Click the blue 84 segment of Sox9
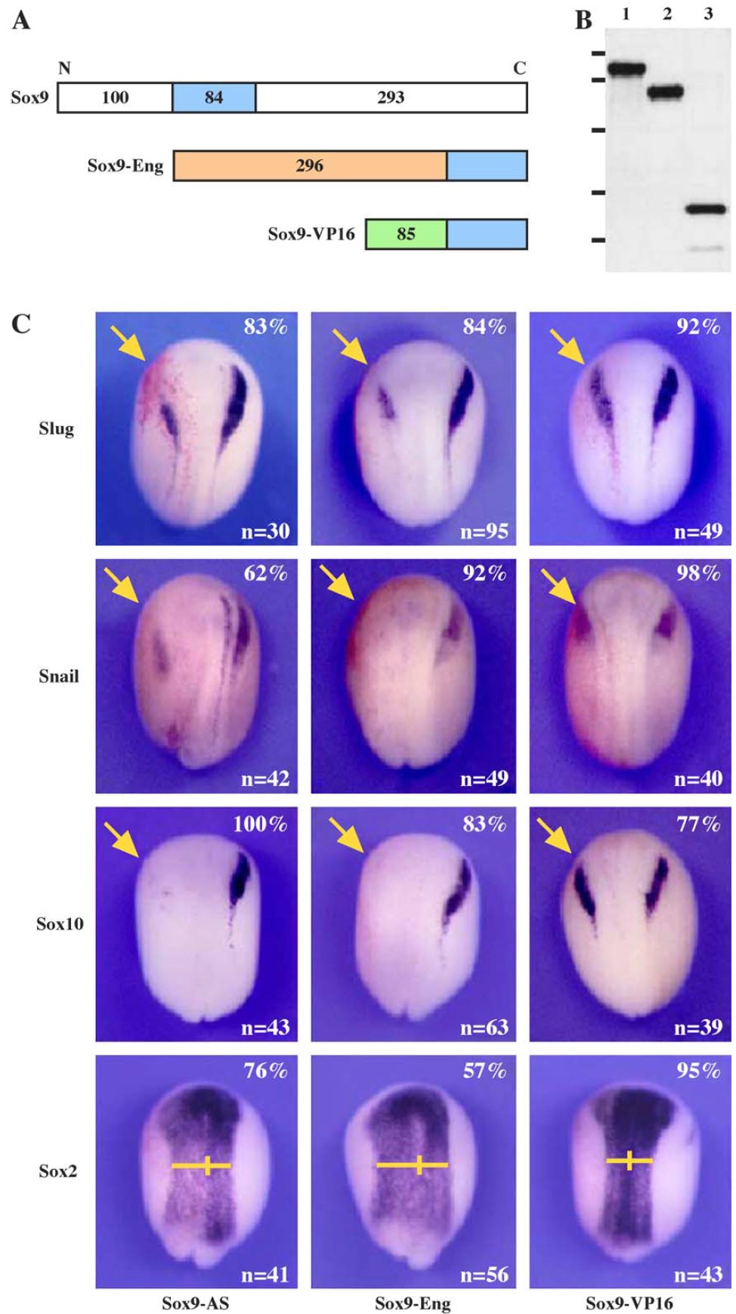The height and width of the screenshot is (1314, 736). coord(214,97)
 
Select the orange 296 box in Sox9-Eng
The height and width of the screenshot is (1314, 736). coord(310,165)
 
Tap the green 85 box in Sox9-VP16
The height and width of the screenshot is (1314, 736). coord(406,233)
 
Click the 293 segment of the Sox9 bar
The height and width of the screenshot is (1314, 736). coord(391,97)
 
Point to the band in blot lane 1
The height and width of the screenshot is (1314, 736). coord(626,70)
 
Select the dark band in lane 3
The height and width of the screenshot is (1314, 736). coord(706,209)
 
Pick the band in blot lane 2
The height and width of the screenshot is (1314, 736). coord(666,93)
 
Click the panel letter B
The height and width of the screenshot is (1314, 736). coord(583,20)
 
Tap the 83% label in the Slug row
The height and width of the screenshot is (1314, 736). coord(265,326)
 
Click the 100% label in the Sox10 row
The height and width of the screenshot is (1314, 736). coord(259,824)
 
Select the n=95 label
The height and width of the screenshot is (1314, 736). coord(484,531)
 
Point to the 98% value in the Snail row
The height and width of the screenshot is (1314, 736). coord(698,574)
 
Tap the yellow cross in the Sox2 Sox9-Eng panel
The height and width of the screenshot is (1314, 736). coord(413,1164)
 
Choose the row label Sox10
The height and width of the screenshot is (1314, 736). coord(60,923)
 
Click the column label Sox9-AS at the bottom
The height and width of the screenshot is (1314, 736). coord(195,1303)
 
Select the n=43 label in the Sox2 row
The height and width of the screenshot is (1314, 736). coord(698,1275)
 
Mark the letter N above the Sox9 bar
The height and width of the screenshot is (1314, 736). coord(64,68)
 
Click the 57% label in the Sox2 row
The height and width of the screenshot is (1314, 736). coord(484,1071)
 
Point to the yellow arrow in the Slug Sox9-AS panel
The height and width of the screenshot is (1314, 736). coord(128,343)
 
